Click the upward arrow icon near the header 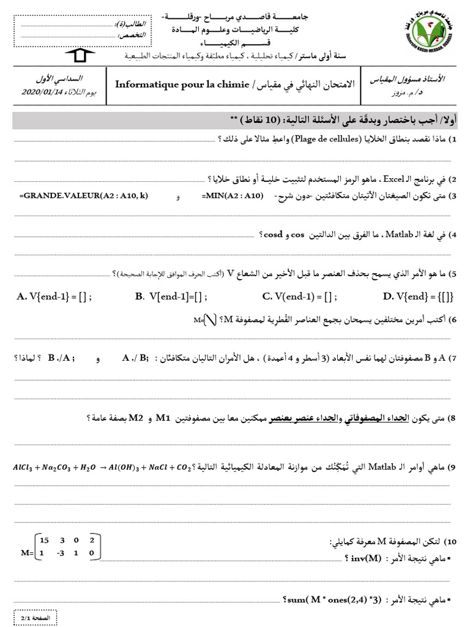[79, 56]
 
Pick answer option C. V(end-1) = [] [299, 297]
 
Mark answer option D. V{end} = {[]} [418, 297]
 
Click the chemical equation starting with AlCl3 [100, 468]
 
